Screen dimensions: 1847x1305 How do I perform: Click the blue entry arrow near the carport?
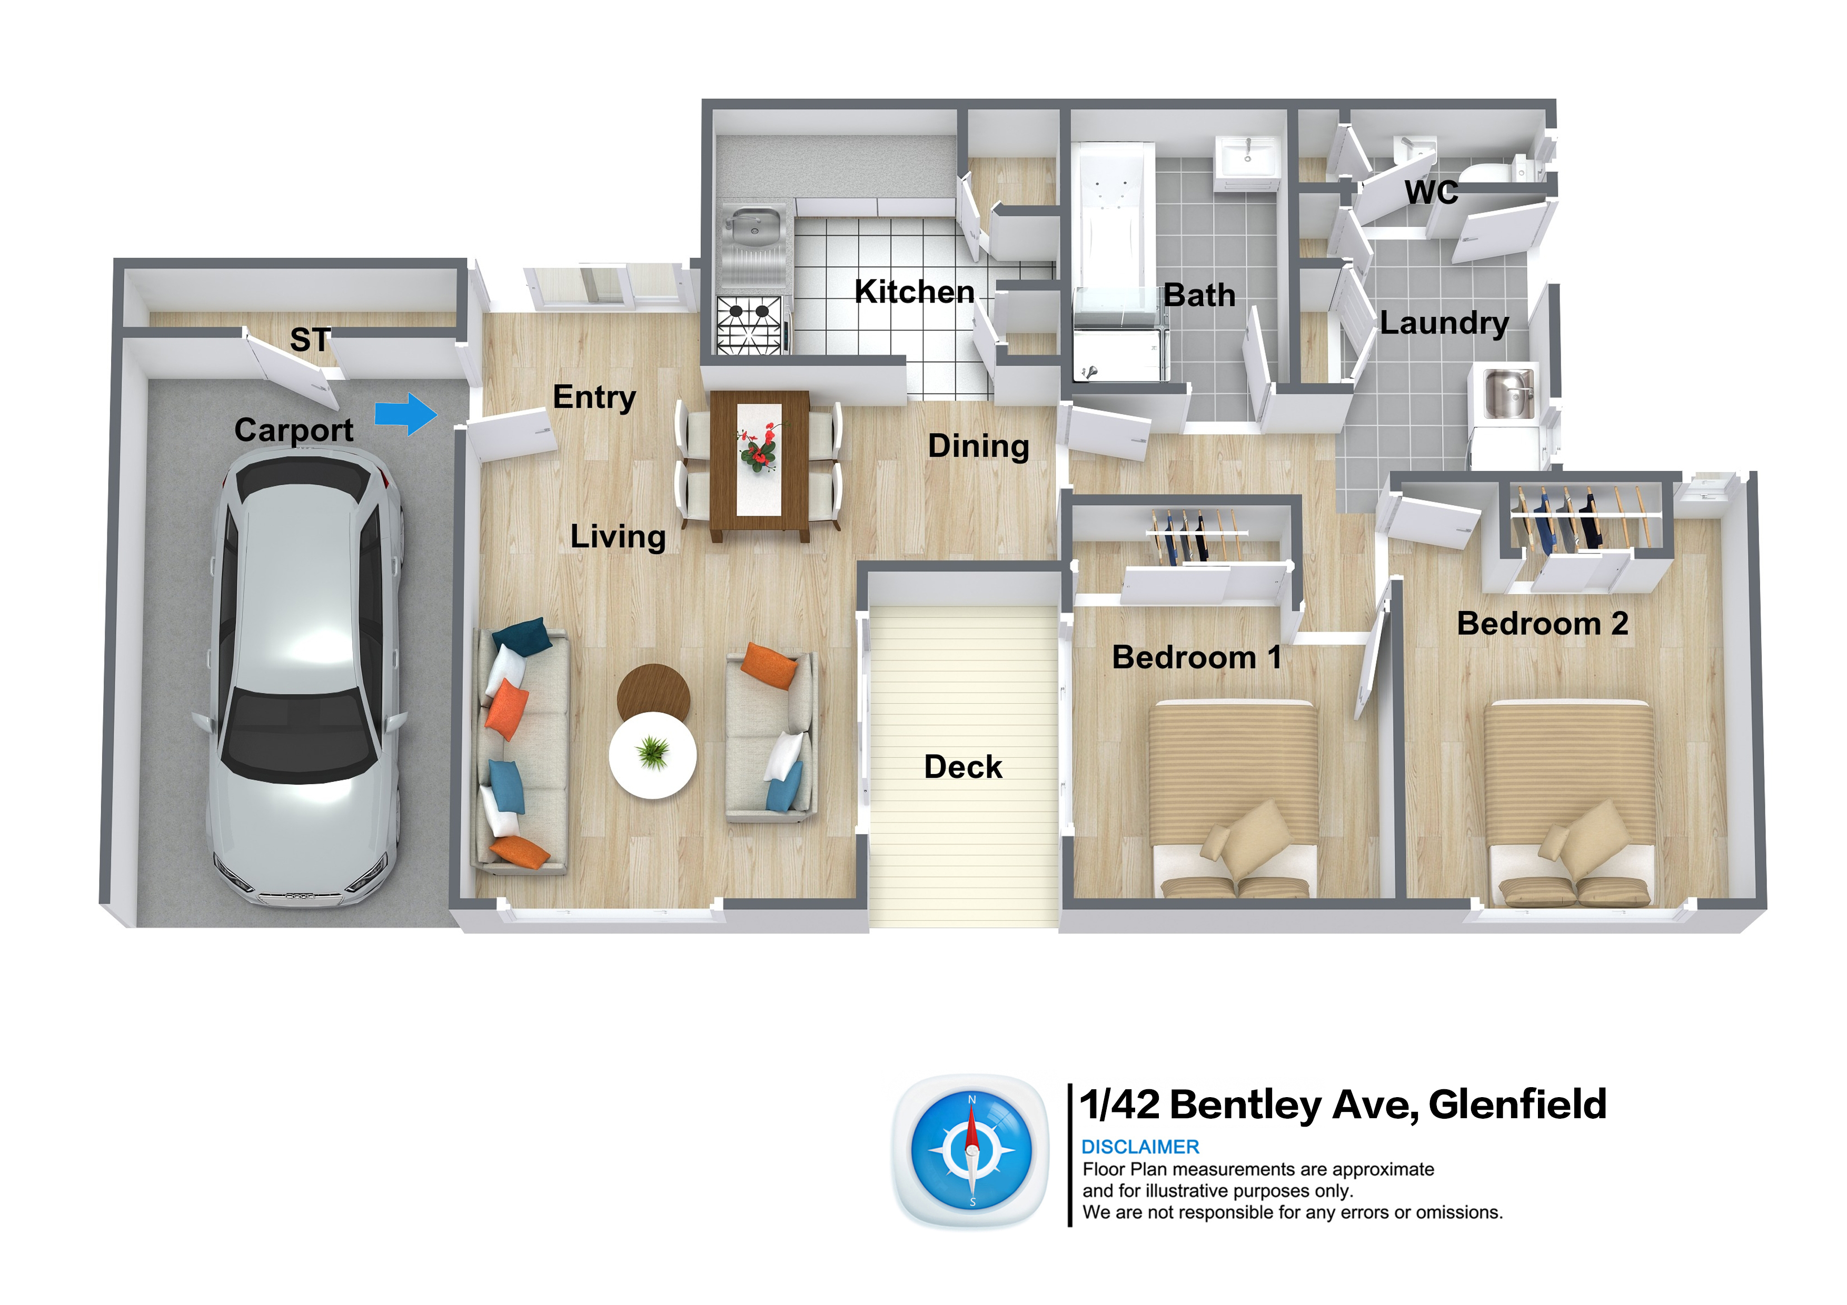pos(406,414)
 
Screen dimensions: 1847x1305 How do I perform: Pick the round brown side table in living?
pos(653,691)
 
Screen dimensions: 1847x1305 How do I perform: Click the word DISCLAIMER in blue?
pos(1140,1147)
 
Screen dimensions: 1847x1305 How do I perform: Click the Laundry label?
pos(1444,323)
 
